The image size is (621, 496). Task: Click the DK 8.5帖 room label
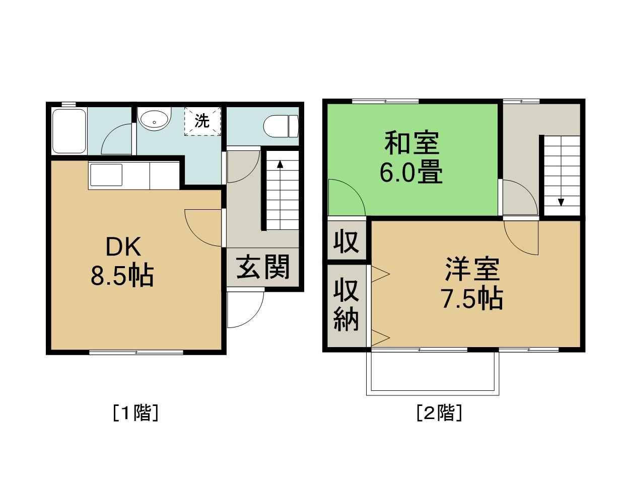pyautogui.click(x=122, y=262)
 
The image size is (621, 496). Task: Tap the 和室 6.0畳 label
pyautogui.click(x=411, y=157)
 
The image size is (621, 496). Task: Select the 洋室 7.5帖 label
pyautogui.click(x=472, y=284)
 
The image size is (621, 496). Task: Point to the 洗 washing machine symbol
pyautogui.click(x=202, y=121)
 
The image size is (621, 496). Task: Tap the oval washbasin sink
pyautogui.click(x=154, y=121)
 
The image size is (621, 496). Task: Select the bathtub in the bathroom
pyautogui.click(x=70, y=131)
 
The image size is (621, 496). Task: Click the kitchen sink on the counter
pyautogui.click(x=106, y=175)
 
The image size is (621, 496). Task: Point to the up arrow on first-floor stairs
pyautogui.click(x=280, y=164)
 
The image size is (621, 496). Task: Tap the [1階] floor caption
pyautogui.click(x=135, y=413)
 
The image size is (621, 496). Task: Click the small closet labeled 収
pyautogui.click(x=346, y=241)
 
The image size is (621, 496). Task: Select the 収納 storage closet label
pyautogui.click(x=346, y=305)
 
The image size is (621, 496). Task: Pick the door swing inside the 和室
pyautogui.click(x=344, y=199)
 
